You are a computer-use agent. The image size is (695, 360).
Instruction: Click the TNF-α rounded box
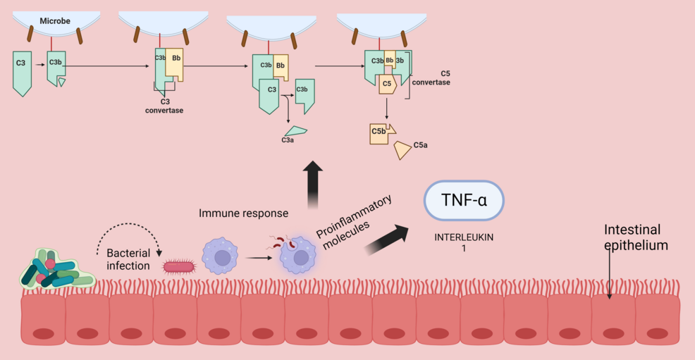[463, 202]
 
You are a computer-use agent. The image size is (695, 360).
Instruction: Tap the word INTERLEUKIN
[463, 237]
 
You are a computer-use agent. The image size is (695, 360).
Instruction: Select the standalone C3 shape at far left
[22, 72]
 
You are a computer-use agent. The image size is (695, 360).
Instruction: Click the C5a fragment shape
[402, 149]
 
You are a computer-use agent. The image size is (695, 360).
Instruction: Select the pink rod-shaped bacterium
[180, 266]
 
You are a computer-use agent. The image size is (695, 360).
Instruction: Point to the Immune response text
[243, 213]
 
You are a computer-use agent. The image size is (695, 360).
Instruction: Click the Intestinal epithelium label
[636, 237]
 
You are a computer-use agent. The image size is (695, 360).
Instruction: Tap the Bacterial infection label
[129, 259]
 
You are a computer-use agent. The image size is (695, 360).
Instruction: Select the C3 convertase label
[164, 106]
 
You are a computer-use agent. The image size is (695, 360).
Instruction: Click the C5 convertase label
[435, 78]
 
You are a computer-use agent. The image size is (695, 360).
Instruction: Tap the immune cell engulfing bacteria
[299, 255]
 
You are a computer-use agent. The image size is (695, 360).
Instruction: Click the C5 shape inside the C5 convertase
[386, 84]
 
